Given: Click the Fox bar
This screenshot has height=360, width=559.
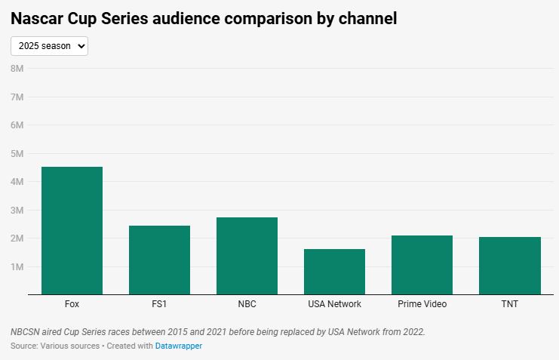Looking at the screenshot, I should [x=72, y=230].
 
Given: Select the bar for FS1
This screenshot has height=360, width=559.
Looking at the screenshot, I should [x=159, y=260].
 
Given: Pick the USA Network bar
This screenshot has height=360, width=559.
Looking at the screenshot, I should [x=334, y=271].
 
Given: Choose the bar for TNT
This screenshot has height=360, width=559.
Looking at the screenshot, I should [x=509, y=265].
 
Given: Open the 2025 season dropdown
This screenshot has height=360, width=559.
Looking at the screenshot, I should [x=50, y=46].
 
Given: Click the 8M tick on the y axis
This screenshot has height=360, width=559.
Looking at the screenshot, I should [x=17, y=69].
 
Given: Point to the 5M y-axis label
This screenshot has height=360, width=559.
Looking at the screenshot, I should [x=17, y=153].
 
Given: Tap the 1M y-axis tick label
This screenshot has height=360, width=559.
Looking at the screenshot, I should [x=17, y=266].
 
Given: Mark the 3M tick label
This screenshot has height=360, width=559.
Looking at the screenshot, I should [x=17, y=210].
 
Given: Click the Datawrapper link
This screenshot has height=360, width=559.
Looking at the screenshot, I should [x=179, y=346].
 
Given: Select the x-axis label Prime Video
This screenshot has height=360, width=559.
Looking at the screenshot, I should [x=422, y=304].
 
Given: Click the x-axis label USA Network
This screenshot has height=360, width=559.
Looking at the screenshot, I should [x=334, y=304].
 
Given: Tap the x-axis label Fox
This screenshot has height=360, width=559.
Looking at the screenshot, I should [x=72, y=304].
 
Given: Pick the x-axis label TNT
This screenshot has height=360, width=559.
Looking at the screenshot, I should [x=509, y=304].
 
